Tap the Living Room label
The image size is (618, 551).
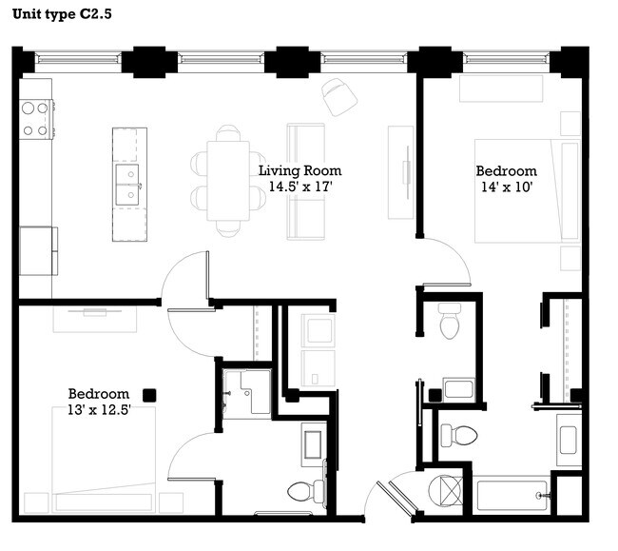coord(299,171)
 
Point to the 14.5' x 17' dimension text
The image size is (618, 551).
coord(299,187)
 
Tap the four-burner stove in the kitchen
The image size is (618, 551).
coord(35,119)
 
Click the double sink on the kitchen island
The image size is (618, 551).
coord(126,183)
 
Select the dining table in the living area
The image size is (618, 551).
coord(228,180)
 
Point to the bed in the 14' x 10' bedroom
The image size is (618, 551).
coord(526,191)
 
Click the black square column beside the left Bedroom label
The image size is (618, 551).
coord(149,394)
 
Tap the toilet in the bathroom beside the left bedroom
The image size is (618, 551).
coord(306,492)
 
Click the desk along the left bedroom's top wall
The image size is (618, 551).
coord(93,318)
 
